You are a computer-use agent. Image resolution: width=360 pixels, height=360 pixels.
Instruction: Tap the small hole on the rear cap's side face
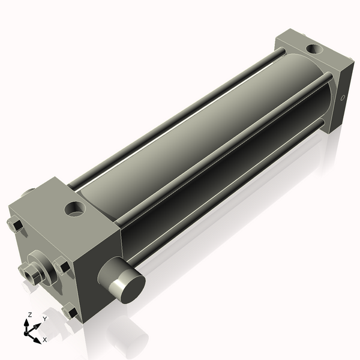point(343,97)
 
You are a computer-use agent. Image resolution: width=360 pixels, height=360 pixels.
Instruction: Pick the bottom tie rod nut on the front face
point(70,313)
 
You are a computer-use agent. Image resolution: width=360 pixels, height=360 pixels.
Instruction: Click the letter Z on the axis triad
point(30,314)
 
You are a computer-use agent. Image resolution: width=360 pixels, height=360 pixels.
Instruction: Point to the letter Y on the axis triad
point(44,319)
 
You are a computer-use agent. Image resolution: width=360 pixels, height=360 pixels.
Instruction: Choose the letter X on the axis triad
point(44,340)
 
